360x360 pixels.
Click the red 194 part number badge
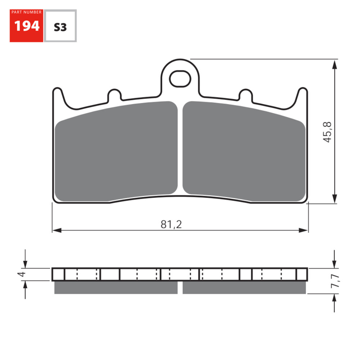tap(26, 26)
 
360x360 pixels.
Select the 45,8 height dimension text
tap(327, 132)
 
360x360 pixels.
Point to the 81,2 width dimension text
tap(171, 224)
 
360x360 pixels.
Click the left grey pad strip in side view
tap(116, 288)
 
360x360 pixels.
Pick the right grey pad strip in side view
tap(244, 288)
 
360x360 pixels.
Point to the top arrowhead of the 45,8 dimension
tap(335, 65)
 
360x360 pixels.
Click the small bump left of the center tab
tap(114, 95)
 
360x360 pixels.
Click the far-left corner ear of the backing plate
tap(57, 94)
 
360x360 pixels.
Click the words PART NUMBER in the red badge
tap(26, 12)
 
